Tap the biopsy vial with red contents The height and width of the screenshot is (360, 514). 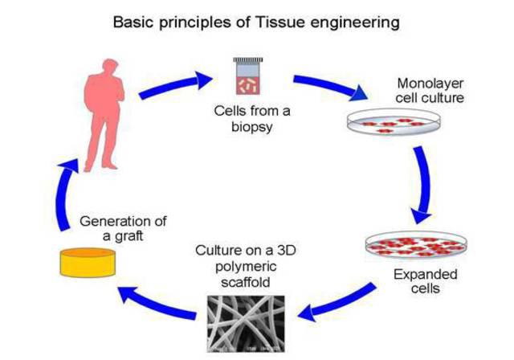248,76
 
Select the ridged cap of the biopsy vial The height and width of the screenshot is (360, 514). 248,60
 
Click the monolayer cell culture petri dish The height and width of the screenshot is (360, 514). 394,121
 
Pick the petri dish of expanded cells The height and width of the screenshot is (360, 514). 416,245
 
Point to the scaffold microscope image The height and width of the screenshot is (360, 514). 246,324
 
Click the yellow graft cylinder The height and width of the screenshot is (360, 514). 88,262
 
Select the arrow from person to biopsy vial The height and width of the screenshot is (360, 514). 175,85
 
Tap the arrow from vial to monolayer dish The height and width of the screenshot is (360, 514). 331,86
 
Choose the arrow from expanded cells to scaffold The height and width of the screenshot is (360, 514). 337,302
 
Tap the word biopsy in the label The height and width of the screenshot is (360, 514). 251,127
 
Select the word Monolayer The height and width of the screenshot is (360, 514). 430,84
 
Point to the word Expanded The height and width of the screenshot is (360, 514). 425,275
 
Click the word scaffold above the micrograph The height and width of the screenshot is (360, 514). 246,282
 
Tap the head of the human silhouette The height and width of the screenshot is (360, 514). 111,67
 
